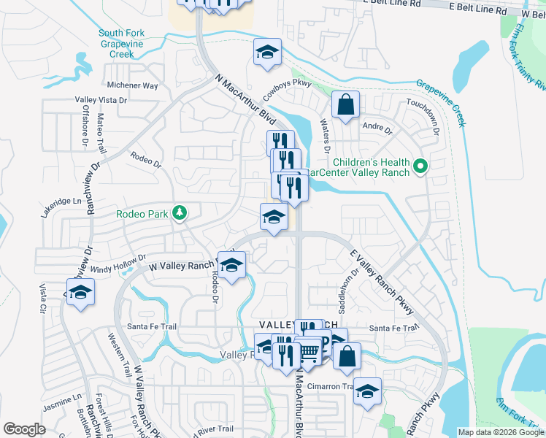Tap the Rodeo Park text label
coord(142,214)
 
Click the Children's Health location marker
coord(420,168)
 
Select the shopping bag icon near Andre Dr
coord(345,104)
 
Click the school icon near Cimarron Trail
coord(367,391)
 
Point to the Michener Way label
coord(132,85)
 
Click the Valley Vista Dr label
coord(101,100)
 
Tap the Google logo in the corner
coord(24,429)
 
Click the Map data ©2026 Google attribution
coord(500,432)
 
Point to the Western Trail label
coord(118,355)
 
